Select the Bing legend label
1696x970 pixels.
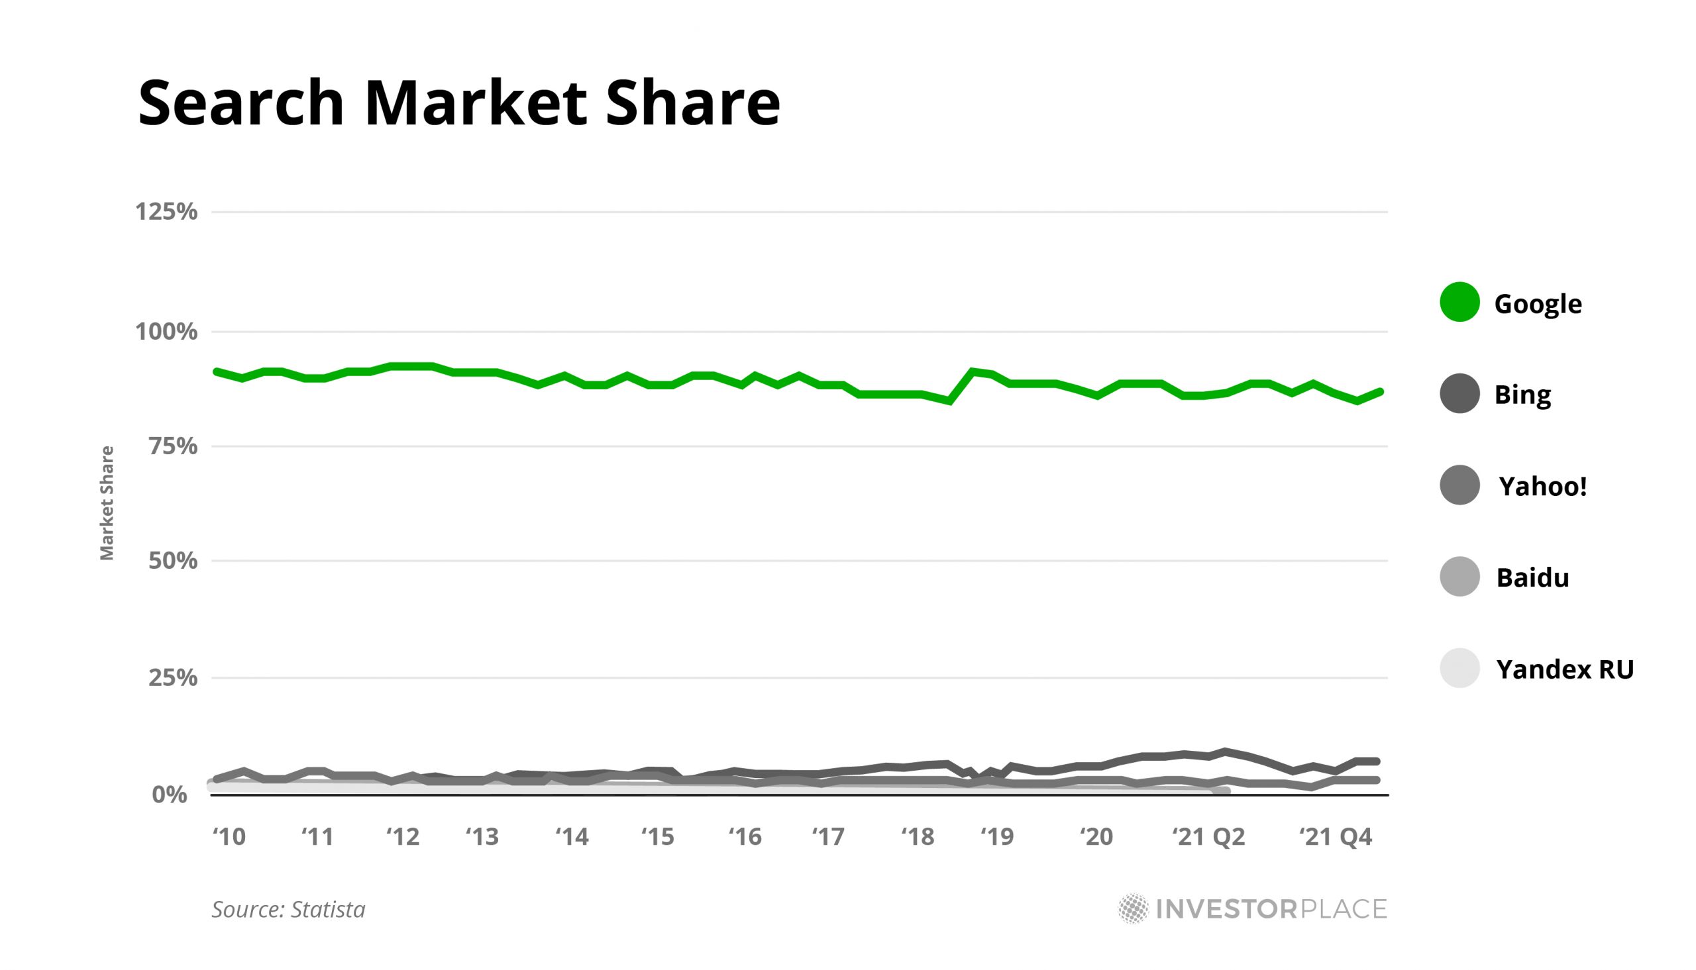pos(1522,395)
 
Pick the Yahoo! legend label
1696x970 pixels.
pos(1542,487)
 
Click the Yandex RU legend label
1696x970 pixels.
pos(1565,669)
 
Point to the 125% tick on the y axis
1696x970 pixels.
pos(166,212)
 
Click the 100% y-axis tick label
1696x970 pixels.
pos(166,331)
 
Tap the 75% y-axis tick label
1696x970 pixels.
pos(174,446)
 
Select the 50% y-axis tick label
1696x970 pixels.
pos(174,561)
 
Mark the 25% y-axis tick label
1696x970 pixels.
pos(174,678)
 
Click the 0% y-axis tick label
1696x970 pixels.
pos(170,795)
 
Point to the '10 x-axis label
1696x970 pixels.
pos(229,837)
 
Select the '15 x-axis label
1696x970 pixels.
pos(658,837)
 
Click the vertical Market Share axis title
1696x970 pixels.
pos(107,503)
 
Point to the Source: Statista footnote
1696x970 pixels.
pos(289,909)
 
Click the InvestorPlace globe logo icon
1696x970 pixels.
pos(1133,908)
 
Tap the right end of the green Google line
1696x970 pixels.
pos(1380,392)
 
